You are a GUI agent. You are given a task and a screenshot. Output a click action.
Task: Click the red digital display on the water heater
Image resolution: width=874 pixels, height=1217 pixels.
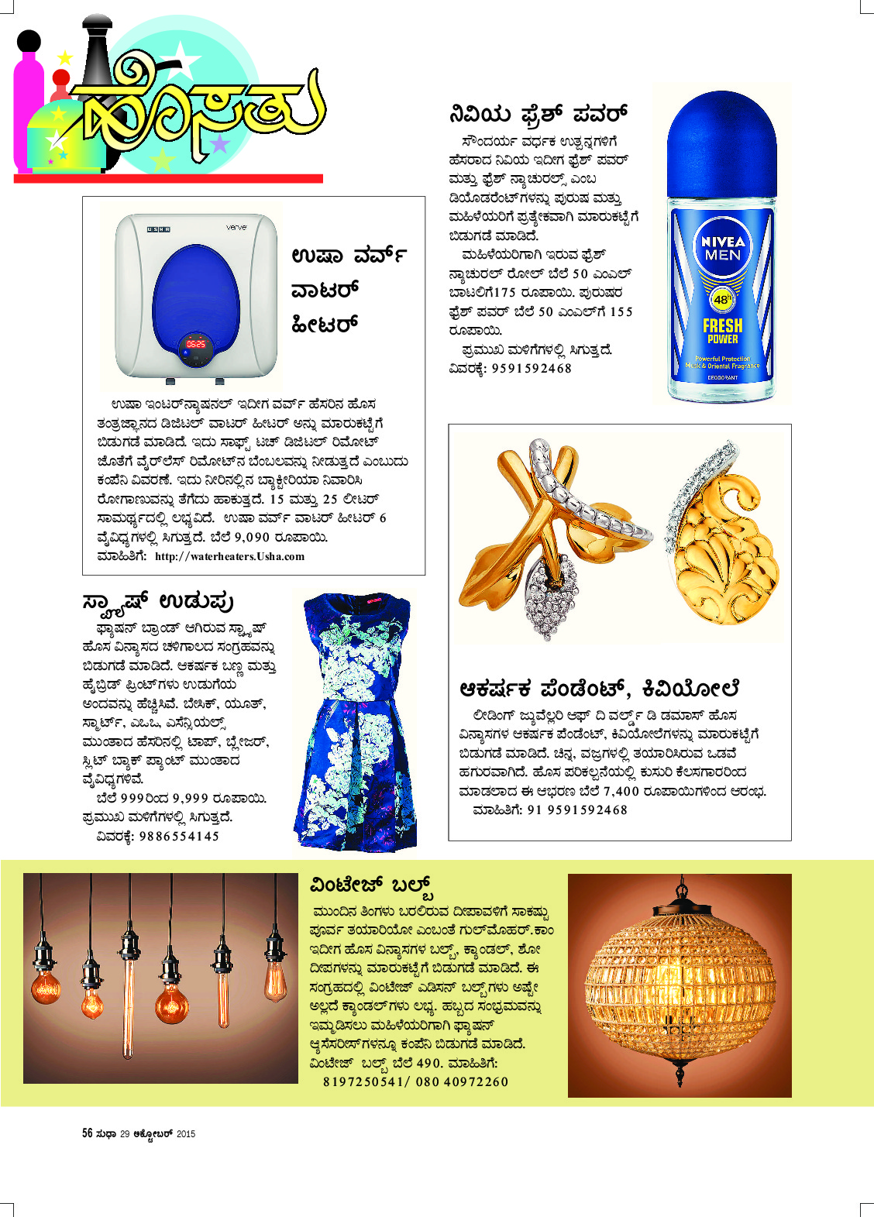(x=196, y=343)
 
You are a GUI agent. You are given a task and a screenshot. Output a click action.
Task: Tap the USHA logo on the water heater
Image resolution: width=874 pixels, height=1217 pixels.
(x=158, y=229)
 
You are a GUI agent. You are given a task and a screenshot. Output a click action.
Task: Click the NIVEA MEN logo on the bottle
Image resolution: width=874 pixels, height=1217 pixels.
(x=722, y=248)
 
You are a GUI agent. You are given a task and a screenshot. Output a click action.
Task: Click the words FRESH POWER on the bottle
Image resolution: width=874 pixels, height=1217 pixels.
(x=722, y=331)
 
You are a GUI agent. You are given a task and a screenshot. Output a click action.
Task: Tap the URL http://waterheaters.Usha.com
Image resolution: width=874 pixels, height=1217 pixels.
(x=229, y=556)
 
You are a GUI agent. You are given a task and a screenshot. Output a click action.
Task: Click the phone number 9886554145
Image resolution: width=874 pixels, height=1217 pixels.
(x=179, y=836)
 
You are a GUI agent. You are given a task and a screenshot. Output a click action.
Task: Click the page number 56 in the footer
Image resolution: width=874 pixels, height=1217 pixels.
(x=88, y=1133)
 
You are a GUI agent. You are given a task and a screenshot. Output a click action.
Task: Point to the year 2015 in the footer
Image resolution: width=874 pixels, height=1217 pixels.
(x=186, y=1134)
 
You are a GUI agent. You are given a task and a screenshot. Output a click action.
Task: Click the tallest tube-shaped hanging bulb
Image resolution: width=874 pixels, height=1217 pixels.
(x=128, y=999)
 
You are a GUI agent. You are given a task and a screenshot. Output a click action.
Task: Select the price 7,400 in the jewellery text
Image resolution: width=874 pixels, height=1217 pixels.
(x=621, y=791)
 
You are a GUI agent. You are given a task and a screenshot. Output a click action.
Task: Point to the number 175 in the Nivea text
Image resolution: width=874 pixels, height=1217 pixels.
(x=504, y=293)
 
